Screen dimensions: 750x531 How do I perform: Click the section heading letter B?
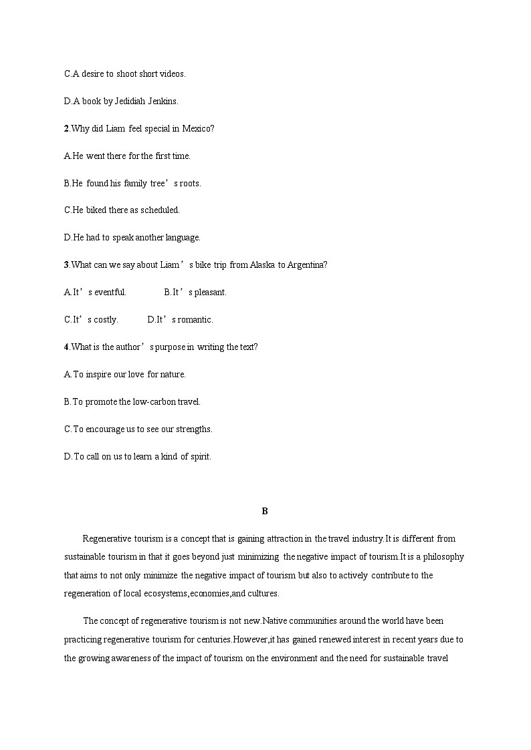click(x=265, y=511)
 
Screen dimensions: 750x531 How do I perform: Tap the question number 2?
click(x=66, y=128)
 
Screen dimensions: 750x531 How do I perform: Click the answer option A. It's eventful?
click(x=95, y=292)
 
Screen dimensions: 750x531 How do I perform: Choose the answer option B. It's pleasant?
click(x=195, y=292)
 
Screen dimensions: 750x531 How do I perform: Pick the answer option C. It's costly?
click(x=91, y=319)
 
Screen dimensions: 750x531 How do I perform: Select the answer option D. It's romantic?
click(x=180, y=319)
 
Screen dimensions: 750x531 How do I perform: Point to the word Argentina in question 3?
click(x=307, y=264)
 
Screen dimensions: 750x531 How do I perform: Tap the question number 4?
click(x=66, y=347)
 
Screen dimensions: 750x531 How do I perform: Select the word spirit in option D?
click(x=200, y=456)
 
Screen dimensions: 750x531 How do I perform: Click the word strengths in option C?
click(x=193, y=429)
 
